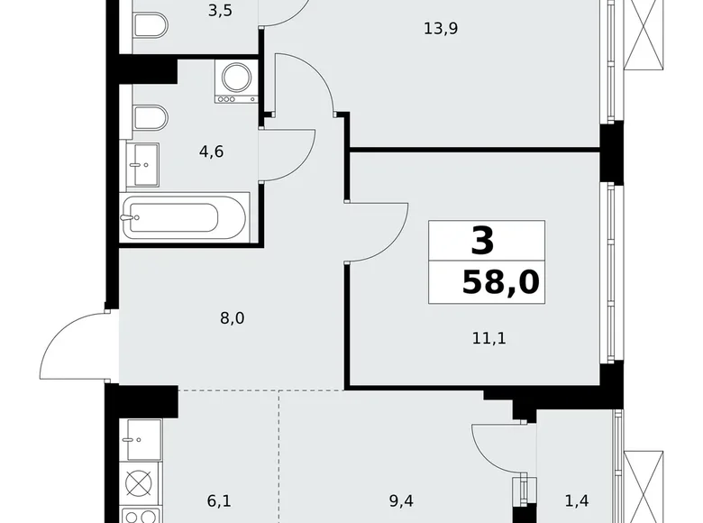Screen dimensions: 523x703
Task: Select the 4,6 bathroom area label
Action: click(x=211, y=151)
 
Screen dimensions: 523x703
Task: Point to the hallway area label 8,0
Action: click(x=233, y=317)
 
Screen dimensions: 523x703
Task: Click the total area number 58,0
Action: click(x=500, y=283)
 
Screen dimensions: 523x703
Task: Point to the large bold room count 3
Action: click(x=483, y=241)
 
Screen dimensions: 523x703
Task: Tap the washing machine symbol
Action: click(x=236, y=79)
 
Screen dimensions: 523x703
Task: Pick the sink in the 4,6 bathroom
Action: click(x=142, y=164)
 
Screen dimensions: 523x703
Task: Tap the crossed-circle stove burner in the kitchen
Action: click(x=140, y=483)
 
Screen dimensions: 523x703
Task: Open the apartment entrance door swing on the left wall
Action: click(x=74, y=345)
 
